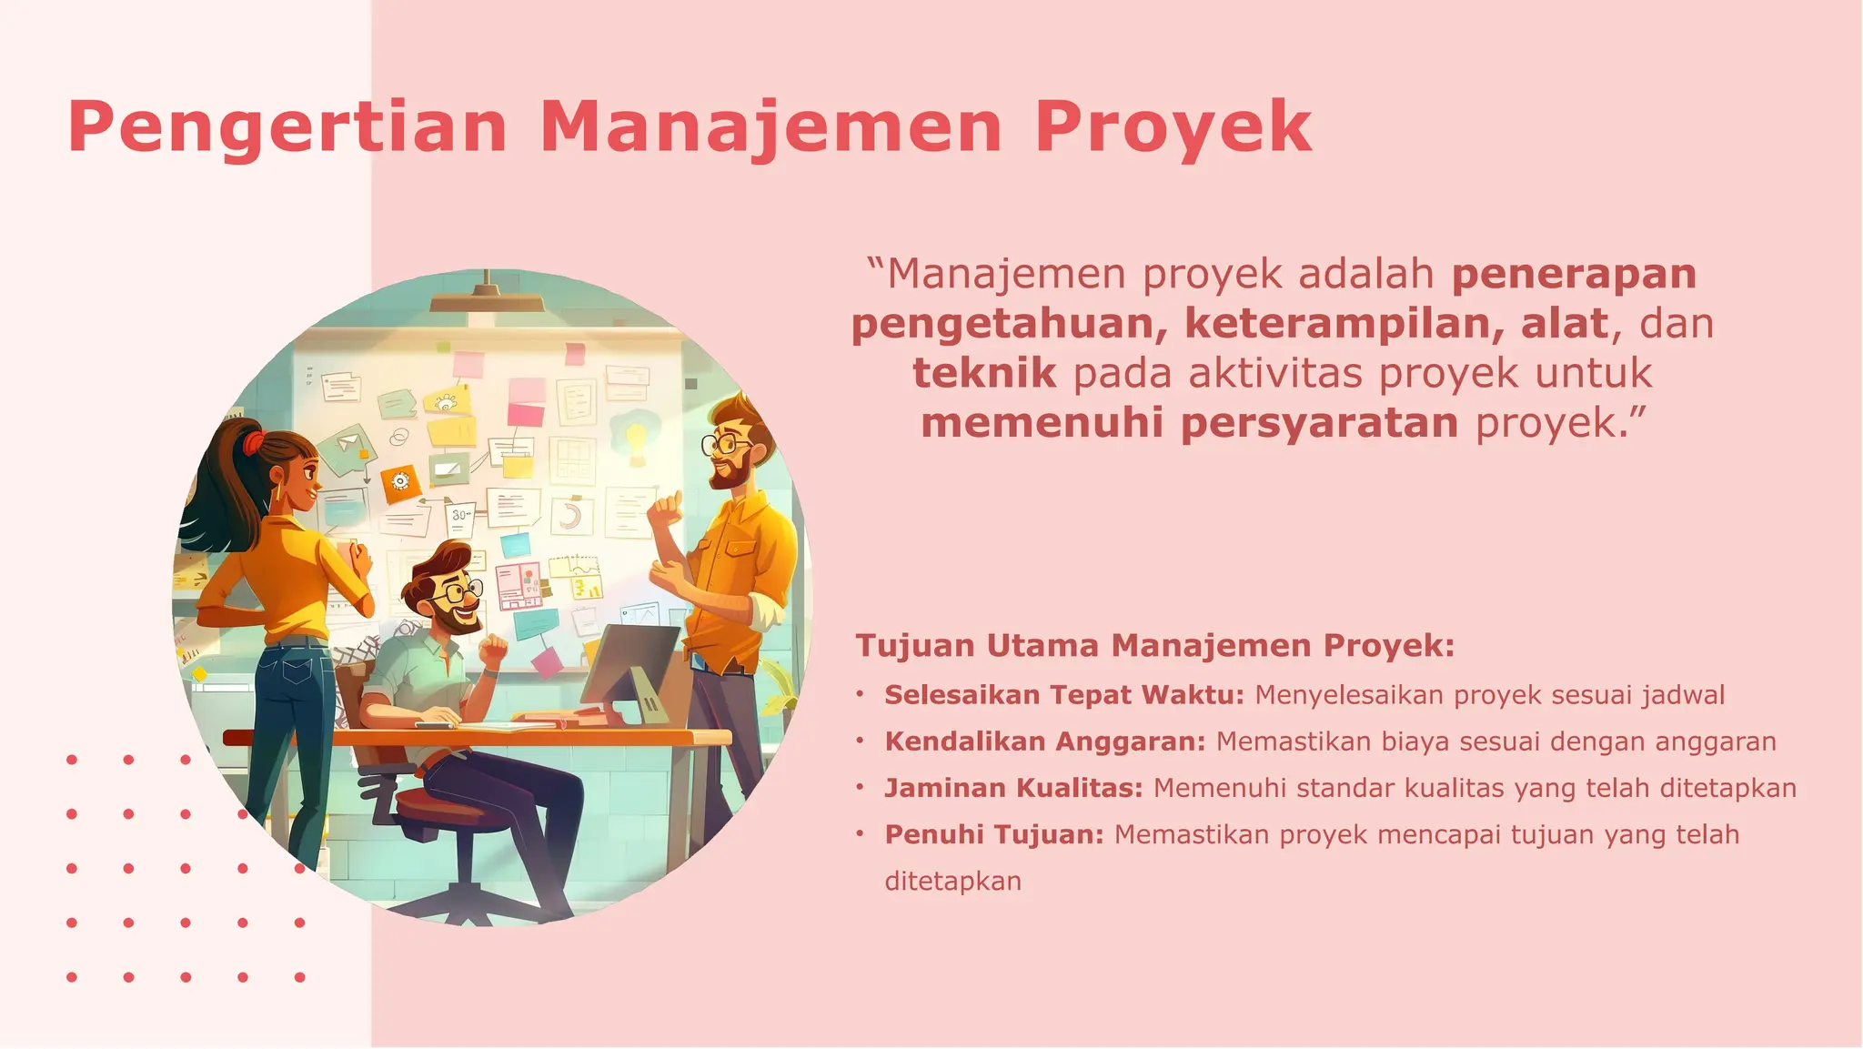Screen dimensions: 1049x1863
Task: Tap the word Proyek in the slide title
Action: pos(1173,127)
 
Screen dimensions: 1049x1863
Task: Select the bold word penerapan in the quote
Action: pos(1574,274)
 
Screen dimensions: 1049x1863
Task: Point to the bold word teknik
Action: pos(984,373)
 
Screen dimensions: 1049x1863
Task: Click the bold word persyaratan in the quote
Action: pos(1319,423)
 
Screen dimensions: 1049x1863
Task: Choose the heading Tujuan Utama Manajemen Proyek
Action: pos(1154,645)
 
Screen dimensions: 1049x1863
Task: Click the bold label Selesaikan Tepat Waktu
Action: pos(1063,695)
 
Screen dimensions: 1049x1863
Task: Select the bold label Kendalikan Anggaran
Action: pos(1044,741)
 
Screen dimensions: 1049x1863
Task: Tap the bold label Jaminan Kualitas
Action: pos(1012,788)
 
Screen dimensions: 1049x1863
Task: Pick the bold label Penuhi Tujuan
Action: pos(993,834)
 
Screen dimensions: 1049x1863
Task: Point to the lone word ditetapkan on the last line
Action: pos(952,881)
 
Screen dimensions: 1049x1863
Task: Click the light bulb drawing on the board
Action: pos(636,435)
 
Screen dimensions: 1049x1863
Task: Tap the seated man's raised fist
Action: pos(493,649)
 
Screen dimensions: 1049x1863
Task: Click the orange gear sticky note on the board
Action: pos(400,482)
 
